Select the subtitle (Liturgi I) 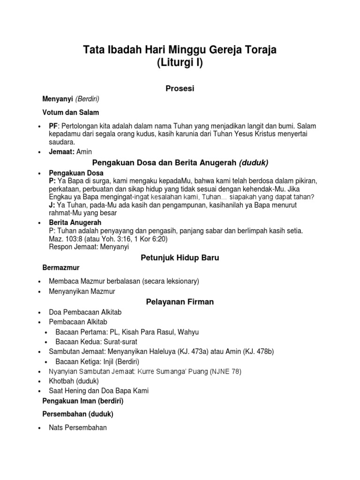coord(180,63)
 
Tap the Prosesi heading coord(180,88)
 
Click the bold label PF coord(52,127)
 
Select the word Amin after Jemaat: coord(85,151)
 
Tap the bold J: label coord(52,205)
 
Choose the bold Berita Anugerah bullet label coord(75,222)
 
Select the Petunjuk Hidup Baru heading coord(180,258)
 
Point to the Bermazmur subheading coord(61,268)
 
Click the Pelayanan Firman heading coord(180,302)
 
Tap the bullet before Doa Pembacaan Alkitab coord(37,312)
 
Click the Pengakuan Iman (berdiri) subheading coord(83,401)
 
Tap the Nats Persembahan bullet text coord(78,427)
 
